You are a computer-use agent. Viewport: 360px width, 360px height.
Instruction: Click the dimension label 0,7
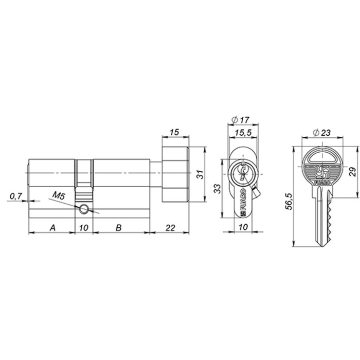click(15, 195)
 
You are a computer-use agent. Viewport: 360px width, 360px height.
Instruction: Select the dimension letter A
click(52, 227)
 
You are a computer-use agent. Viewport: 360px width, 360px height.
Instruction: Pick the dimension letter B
click(119, 227)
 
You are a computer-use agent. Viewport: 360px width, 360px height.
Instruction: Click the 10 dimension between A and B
click(85, 227)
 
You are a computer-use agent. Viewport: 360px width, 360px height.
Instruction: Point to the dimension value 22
click(169, 227)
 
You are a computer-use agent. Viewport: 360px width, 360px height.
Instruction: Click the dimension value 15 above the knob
click(174, 133)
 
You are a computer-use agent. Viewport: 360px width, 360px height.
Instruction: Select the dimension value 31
click(201, 174)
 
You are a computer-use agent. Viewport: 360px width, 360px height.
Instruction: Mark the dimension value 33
click(218, 188)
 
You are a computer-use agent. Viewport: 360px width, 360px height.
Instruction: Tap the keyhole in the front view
click(241, 173)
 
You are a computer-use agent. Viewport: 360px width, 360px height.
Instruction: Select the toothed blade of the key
click(323, 221)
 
